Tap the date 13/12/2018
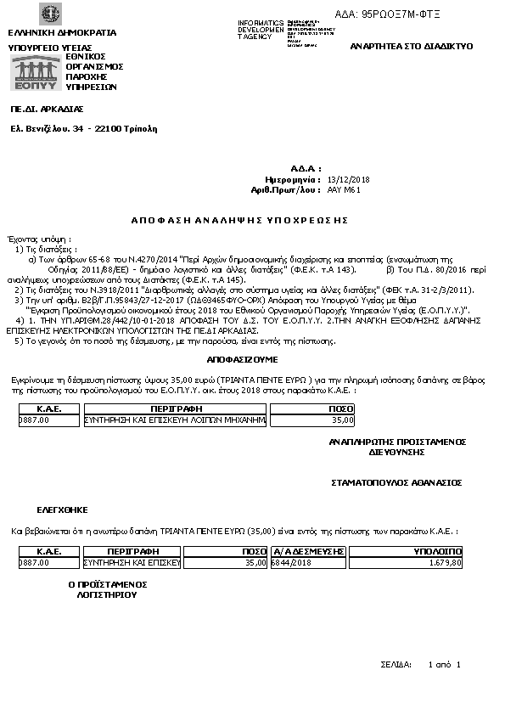[348, 180]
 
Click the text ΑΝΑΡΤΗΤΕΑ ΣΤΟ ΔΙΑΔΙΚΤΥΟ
[412, 46]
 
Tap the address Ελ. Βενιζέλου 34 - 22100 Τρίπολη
[83, 129]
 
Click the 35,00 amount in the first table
[342, 419]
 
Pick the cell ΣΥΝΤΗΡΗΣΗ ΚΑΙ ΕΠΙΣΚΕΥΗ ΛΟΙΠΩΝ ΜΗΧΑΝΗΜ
[175, 419]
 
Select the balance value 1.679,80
[445, 562]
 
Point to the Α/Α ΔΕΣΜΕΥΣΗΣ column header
[307, 551]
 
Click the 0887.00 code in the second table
[34, 562]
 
